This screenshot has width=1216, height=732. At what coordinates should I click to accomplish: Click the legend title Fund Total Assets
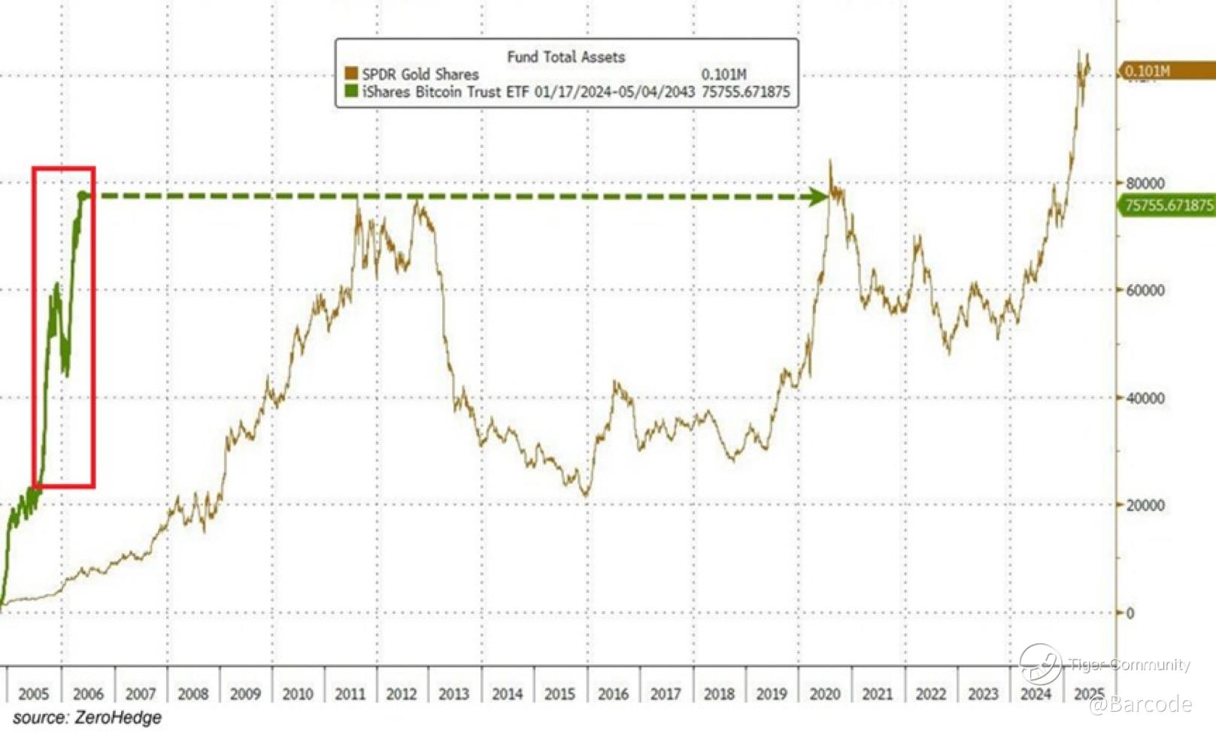pos(566,56)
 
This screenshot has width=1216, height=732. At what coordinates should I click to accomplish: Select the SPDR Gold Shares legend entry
pos(420,74)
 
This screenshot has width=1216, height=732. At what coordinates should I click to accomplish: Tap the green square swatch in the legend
pos(350,92)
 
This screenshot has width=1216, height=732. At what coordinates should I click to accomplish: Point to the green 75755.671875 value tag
pos(1168,205)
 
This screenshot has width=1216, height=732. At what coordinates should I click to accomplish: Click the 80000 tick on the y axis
pos(1145,183)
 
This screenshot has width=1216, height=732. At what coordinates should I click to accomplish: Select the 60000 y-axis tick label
pos(1145,291)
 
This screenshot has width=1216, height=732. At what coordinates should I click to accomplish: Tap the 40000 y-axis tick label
pos(1145,398)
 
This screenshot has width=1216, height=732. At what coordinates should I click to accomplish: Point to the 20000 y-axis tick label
pos(1145,506)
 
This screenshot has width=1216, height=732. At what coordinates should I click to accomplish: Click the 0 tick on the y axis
pos(1130,613)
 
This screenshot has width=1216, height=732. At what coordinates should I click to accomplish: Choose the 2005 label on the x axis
pos(34,694)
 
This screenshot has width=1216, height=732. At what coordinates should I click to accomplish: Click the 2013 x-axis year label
pos(453,694)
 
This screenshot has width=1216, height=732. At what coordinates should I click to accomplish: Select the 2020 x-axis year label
pos(825,694)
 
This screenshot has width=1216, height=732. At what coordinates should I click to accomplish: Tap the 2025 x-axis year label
pos(1089,694)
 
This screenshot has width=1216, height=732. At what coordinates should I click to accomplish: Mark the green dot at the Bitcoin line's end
pos(83,196)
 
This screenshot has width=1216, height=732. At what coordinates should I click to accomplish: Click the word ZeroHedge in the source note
pos(118,718)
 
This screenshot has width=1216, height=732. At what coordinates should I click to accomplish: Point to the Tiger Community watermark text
pos(1129,664)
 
